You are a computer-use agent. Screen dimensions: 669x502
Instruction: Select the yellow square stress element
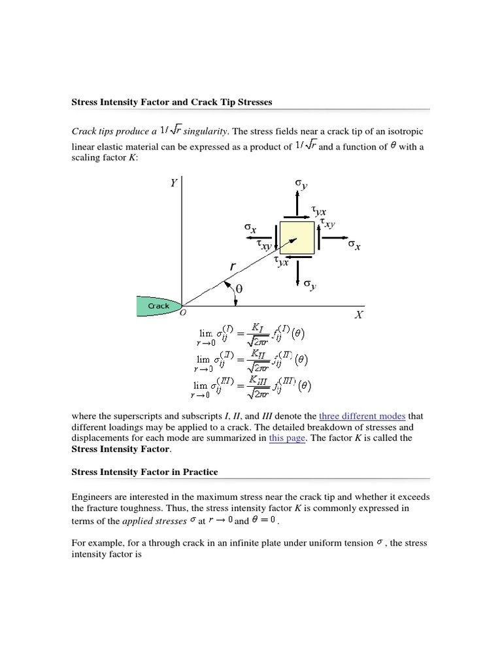tap(297, 238)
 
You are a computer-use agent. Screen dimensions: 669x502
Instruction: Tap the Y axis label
tap(173, 184)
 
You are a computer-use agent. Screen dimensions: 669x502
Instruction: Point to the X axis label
tap(358, 315)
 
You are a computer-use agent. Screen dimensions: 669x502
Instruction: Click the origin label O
tap(183, 314)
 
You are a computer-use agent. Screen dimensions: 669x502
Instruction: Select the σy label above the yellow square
tap(300, 185)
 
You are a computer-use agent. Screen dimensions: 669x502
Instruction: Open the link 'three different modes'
tap(362, 416)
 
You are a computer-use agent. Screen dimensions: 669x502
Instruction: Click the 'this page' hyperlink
tap(287, 438)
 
